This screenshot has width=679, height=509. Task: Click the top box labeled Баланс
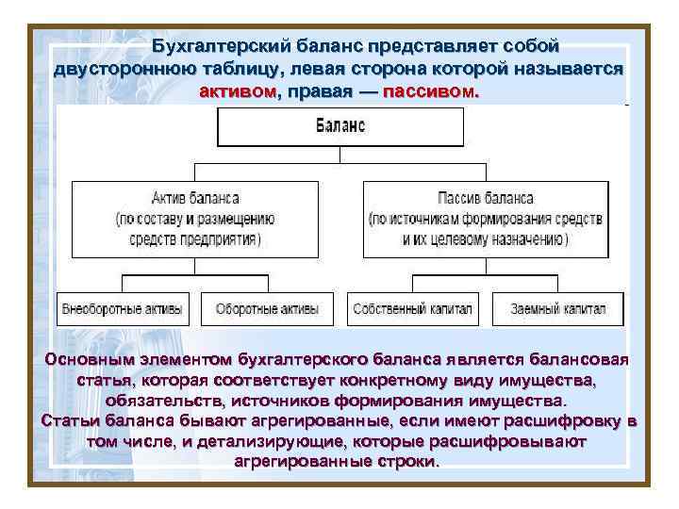[x=340, y=126]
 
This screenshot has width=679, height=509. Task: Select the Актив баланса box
[x=195, y=218]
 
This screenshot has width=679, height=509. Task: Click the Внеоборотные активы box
[x=124, y=308]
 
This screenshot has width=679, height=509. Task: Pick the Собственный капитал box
[x=413, y=308]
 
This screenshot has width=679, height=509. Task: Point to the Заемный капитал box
[x=558, y=308]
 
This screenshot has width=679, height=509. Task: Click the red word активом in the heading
[x=239, y=93]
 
